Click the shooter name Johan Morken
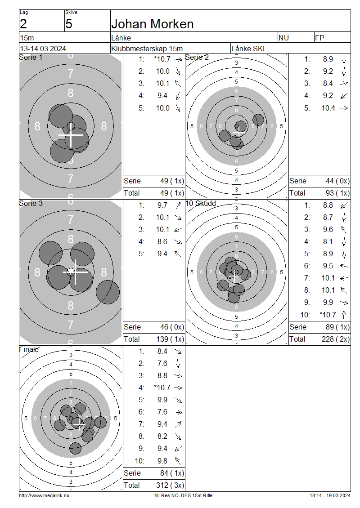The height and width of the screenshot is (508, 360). coord(152,24)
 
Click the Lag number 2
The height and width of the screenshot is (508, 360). coord(23,24)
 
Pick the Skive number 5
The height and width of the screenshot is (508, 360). coord(69,24)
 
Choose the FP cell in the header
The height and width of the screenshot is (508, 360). coord(320,38)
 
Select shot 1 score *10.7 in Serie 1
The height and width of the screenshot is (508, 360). coord(162,59)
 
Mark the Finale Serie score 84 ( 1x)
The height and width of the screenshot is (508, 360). coord(167,473)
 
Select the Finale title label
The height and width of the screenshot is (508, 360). coord(29,349)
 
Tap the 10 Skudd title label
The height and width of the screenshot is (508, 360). coord(201,203)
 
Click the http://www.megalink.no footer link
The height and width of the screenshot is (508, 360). coord(44,495)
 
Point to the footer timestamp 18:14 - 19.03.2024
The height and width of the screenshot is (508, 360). coord(330,495)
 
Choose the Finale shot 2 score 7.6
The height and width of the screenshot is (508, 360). coord(162,363)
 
